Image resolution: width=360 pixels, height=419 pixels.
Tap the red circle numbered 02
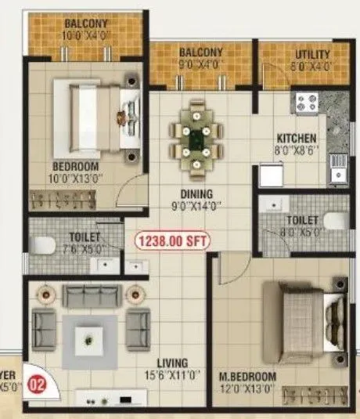coord(35,385)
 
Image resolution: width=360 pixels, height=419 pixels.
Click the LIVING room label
coord(171,363)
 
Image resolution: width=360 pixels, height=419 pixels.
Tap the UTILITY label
coord(312,55)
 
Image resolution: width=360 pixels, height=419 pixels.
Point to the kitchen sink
coord(338,164)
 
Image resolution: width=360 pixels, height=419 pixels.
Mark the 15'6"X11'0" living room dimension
coord(171,374)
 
